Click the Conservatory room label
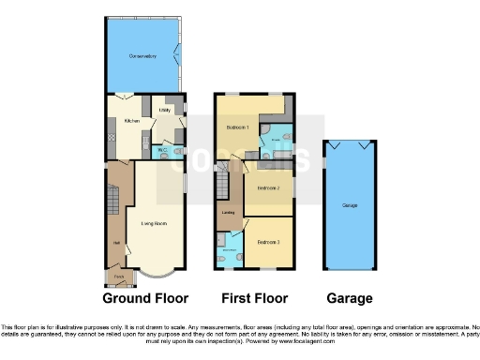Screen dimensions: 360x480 click(142, 57)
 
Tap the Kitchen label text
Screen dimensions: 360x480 click(131, 121)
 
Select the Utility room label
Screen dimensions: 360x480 click(165, 111)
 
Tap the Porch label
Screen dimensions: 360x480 click(119, 277)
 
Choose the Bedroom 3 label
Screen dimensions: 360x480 click(270, 242)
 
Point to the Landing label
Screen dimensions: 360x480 click(228, 213)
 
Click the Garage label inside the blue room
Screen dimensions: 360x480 click(351, 204)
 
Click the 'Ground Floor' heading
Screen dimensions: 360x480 click(145, 298)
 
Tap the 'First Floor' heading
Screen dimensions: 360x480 click(253, 298)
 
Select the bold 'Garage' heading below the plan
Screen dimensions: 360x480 click(351, 298)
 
